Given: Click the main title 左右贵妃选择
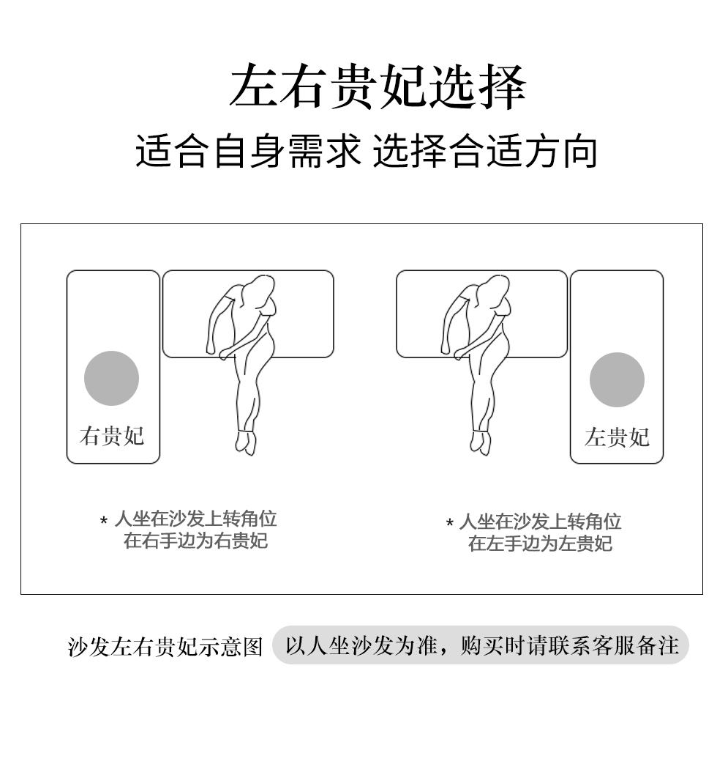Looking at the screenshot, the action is coord(378,86).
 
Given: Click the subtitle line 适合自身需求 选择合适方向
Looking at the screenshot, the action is coord(366,152).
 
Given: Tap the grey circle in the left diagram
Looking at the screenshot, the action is coord(111,378).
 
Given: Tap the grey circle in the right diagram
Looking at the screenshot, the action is coord(617,379).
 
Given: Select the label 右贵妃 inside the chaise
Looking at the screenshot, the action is coord(112,436).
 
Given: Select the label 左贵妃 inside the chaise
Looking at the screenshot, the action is coord(617,437).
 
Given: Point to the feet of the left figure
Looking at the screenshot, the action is coord(246,442).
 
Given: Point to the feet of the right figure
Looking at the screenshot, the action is coord(481,442).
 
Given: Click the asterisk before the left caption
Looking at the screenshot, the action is coord(103,521).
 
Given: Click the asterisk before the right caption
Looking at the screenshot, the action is coord(449,523).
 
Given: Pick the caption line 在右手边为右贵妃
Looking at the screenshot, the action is coord(195,541).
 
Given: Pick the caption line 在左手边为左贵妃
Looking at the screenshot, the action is coord(540,544).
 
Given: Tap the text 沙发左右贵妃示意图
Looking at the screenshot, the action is coord(165,647).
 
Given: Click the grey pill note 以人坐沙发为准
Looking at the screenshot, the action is coord(481,645).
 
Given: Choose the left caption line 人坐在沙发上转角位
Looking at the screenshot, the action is coord(195,519).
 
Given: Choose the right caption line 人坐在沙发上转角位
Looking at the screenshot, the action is coord(540,522).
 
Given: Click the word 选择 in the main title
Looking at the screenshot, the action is coord(478,86).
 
